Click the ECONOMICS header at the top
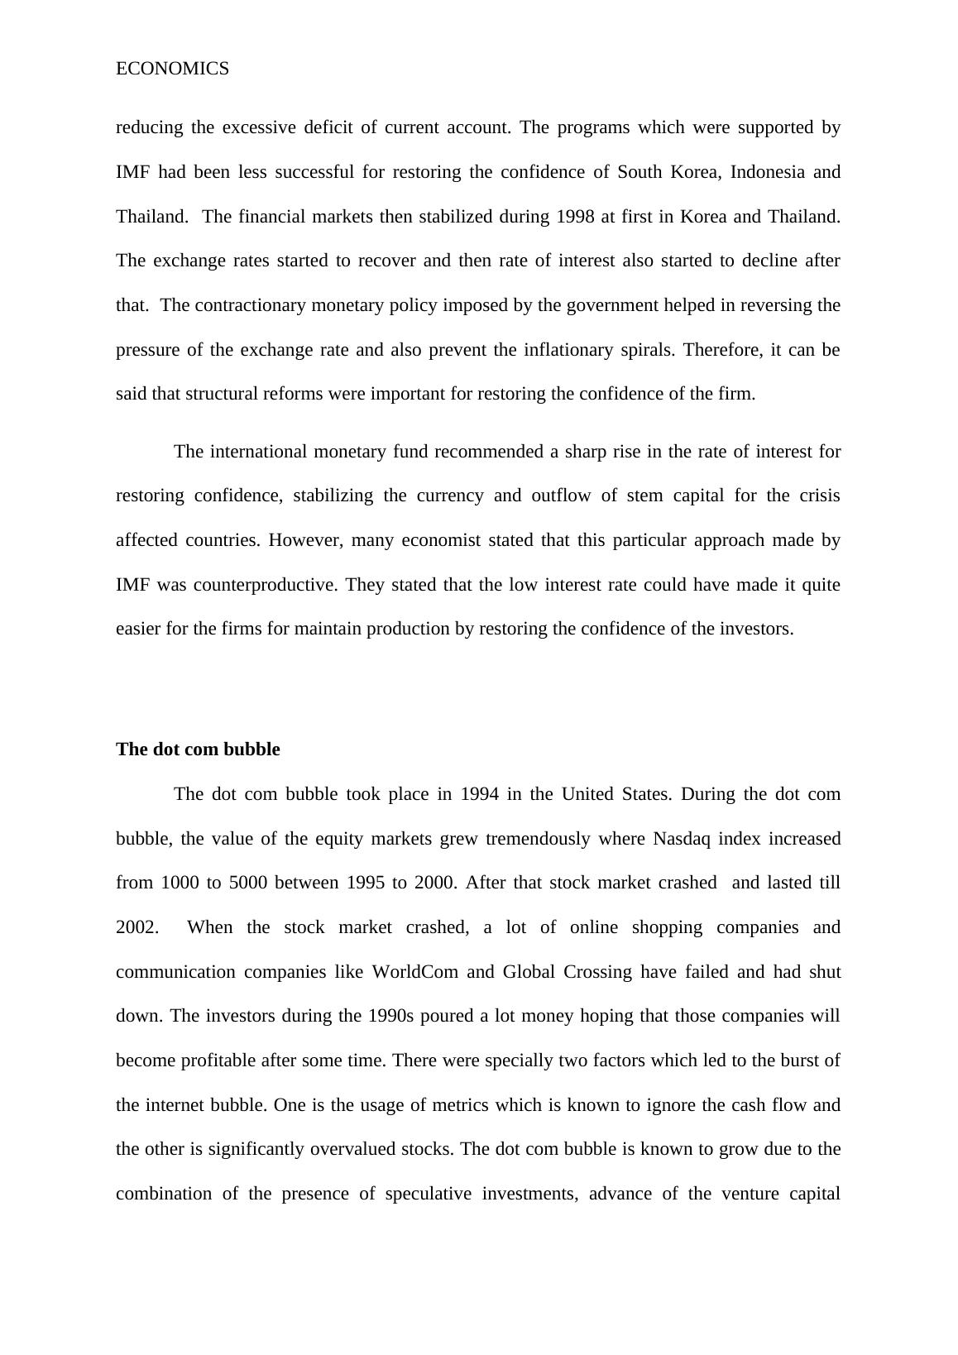click(172, 69)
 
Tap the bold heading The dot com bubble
click(198, 749)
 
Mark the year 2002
click(136, 927)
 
